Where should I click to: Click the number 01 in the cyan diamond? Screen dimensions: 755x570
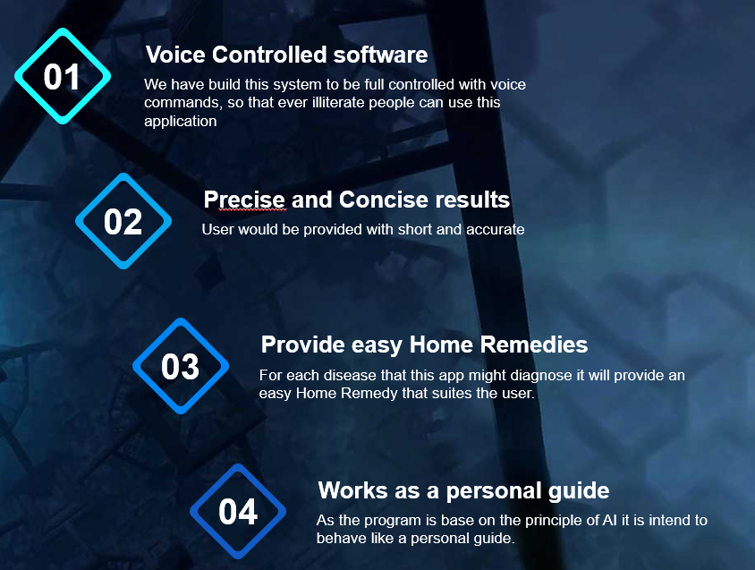pyautogui.click(x=62, y=77)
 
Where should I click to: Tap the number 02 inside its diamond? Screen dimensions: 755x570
pyautogui.click(x=123, y=222)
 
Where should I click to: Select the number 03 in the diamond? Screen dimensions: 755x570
pyautogui.click(x=180, y=367)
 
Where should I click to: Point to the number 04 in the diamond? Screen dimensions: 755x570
pyautogui.click(x=238, y=512)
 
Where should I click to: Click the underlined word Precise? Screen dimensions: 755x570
pyautogui.click(x=244, y=200)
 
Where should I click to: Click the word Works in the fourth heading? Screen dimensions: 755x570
pyautogui.click(x=352, y=490)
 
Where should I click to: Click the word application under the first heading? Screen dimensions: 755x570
pyautogui.click(x=181, y=122)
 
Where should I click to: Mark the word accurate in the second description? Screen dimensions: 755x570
pyautogui.click(x=495, y=229)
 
